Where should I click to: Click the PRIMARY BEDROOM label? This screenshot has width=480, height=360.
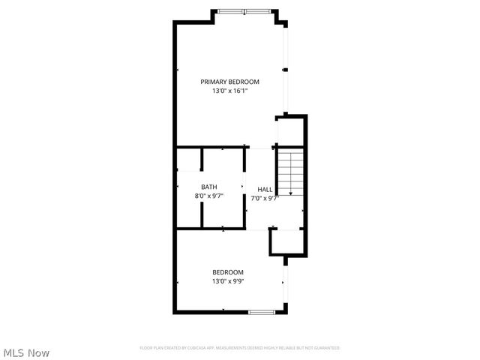(x=229, y=82)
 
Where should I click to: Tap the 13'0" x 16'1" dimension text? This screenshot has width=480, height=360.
(x=229, y=91)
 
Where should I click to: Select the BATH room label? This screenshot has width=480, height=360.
(x=209, y=187)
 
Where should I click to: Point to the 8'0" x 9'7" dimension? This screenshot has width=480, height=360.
(x=209, y=196)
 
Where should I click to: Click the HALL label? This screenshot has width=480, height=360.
(x=265, y=190)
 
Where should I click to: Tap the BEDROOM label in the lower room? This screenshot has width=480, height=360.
(x=227, y=272)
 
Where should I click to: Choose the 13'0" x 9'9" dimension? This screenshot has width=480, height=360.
(x=227, y=282)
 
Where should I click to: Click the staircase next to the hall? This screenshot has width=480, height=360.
(x=289, y=172)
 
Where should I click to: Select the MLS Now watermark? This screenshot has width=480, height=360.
(x=27, y=352)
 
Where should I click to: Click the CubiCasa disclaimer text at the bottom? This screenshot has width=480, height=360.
(x=240, y=348)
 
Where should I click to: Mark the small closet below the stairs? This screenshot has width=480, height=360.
(x=286, y=241)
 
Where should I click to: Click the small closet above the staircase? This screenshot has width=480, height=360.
(x=291, y=132)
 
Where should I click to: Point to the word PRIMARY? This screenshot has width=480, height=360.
(x=213, y=82)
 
